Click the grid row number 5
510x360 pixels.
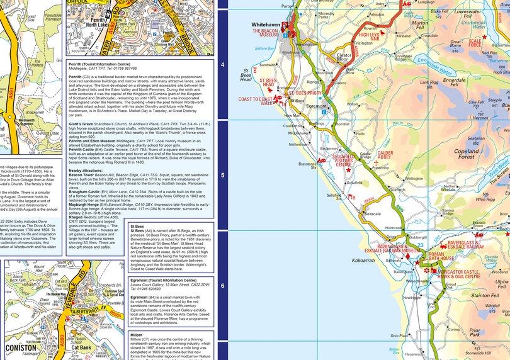click(222, 174)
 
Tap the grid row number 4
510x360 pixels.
click(222, 64)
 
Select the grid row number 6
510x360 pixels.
click(222, 285)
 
